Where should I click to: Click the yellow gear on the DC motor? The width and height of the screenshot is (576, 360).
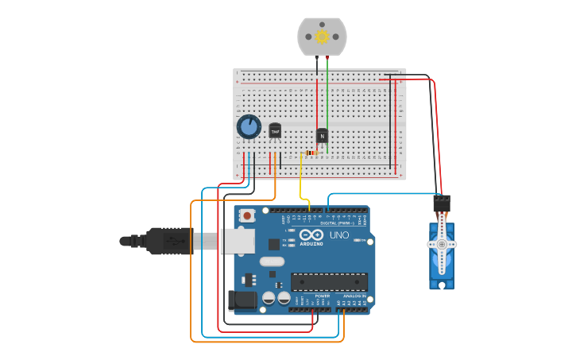[322, 37]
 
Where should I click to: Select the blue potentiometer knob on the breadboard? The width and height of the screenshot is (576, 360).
[249, 126]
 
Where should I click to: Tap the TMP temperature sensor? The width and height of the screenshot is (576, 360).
[275, 130]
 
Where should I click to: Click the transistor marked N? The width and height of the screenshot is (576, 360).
[322, 136]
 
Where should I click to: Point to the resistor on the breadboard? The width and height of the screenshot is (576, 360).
[311, 153]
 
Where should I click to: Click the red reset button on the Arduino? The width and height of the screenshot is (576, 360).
[247, 215]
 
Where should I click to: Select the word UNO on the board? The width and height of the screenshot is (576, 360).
[339, 235]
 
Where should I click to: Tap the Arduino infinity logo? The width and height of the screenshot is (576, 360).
[307, 236]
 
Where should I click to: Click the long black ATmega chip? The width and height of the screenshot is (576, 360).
[329, 281]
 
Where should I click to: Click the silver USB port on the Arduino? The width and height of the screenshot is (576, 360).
[238, 241]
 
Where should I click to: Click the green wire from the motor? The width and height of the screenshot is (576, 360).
[327, 95]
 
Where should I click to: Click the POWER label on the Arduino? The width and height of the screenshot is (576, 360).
[322, 296]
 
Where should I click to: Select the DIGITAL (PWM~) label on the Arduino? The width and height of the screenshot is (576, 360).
[334, 223]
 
